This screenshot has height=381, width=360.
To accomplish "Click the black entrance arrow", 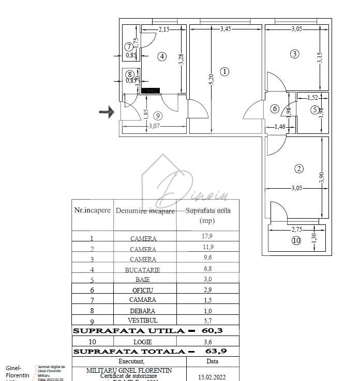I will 107,112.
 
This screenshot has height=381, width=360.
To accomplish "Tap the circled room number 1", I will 224,72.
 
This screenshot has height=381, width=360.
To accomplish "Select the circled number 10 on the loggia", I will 296,240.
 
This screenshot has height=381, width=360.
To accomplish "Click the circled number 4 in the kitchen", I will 162,56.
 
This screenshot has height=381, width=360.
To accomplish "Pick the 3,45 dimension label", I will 226,29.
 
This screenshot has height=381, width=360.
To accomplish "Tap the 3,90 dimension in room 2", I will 321,177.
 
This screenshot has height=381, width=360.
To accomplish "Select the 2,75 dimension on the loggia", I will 297,229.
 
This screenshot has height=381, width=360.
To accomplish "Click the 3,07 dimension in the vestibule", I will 154,126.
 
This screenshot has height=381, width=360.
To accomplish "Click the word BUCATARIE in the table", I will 142,270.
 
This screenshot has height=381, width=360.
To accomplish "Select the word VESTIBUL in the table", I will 142,321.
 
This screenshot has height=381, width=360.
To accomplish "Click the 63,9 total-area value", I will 217,352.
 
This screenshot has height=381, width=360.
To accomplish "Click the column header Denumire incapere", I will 145,211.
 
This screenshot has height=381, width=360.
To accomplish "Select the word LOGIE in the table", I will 143,342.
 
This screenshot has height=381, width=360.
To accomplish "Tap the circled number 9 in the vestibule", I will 158,115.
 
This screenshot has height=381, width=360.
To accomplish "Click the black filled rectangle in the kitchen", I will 151,90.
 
